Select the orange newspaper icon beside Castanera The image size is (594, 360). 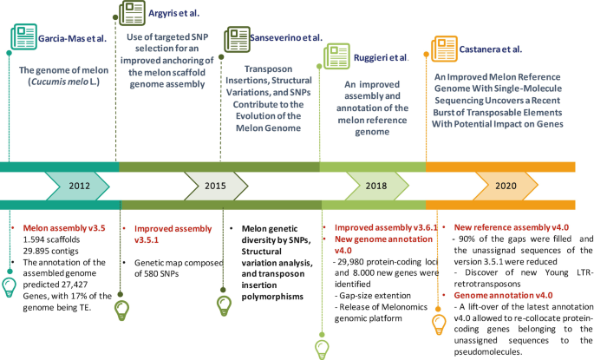(x=445, y=46)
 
